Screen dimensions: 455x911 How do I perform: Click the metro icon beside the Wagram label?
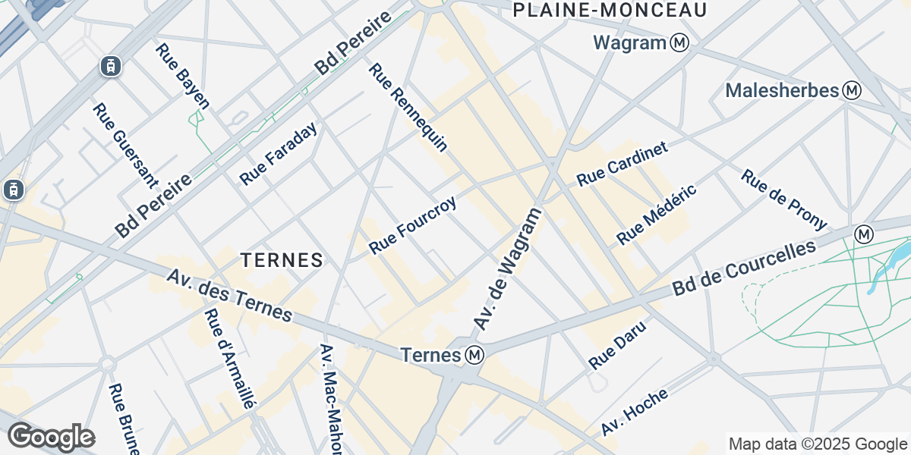pyautogui.click(x=679, y=43)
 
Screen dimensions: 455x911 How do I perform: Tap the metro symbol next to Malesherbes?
pyautogui.click(x=853, y=91)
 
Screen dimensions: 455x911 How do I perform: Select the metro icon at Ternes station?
pyautogui.click(x=475, y=355)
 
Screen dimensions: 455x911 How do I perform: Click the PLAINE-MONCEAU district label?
pyautogui.click(x=610, y=10)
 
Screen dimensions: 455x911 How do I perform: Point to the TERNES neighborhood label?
pyautogui.click(x=282, y=260)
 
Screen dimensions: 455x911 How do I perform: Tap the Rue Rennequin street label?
pyautogui.click(x=408, y=107)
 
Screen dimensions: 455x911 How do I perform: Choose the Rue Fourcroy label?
pyautogui.click(x=412, y=226)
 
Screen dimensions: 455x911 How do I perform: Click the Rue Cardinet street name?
pyautogui.click(x=622, y=165)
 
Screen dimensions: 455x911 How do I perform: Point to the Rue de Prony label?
pyautogui.click(x=783, y=199)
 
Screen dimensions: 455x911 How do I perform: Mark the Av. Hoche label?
pyautogui.click(x=634, y=412)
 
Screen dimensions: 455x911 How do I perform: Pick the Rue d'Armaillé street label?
pyautogui.click(x=228, y=359)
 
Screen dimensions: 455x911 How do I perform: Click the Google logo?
pyautogui.click(x=51, y=437)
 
